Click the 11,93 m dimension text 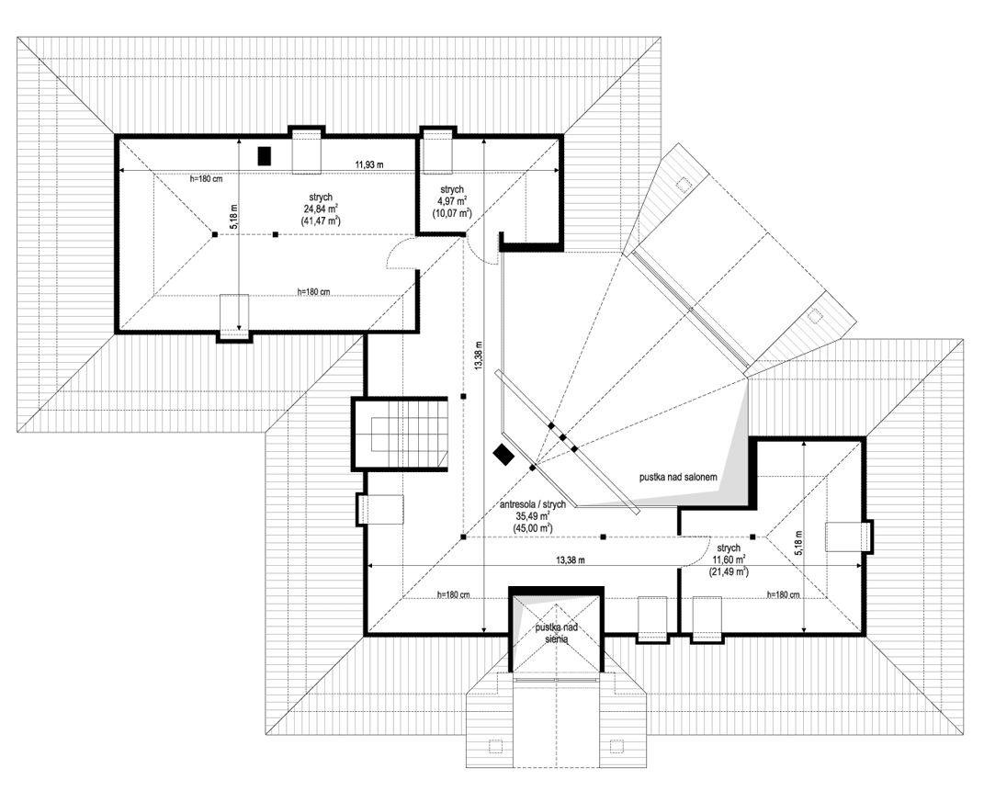tap(369, 164)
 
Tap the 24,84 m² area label tap(320, 209)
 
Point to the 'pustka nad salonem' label tap(678, 479)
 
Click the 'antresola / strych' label tap(532, 504)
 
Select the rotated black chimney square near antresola tap(503, 455)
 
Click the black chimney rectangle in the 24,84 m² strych tap(265, 156)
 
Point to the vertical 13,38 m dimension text tap(478, 355)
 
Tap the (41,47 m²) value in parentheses tap(320, 221)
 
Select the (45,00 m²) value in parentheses tap(532, 528)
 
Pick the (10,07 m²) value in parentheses tap(451, 212)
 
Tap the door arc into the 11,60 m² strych tap(696, 552)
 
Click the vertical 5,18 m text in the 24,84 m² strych tap(234, 217)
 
